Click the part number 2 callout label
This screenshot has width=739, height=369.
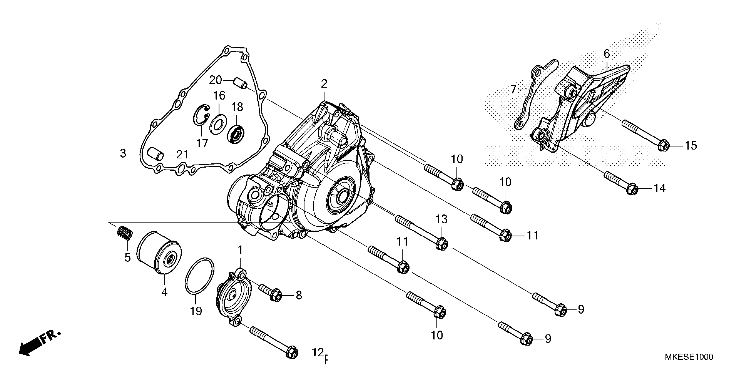pyautogui.click(x=324, y=84)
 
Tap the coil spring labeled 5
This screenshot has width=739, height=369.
pyautogui.click(x=125, y=232)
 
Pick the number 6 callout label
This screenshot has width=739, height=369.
pyautogui.click(x=606, y=54)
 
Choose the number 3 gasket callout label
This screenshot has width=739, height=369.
pyautogui.click(x=123, y=153)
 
